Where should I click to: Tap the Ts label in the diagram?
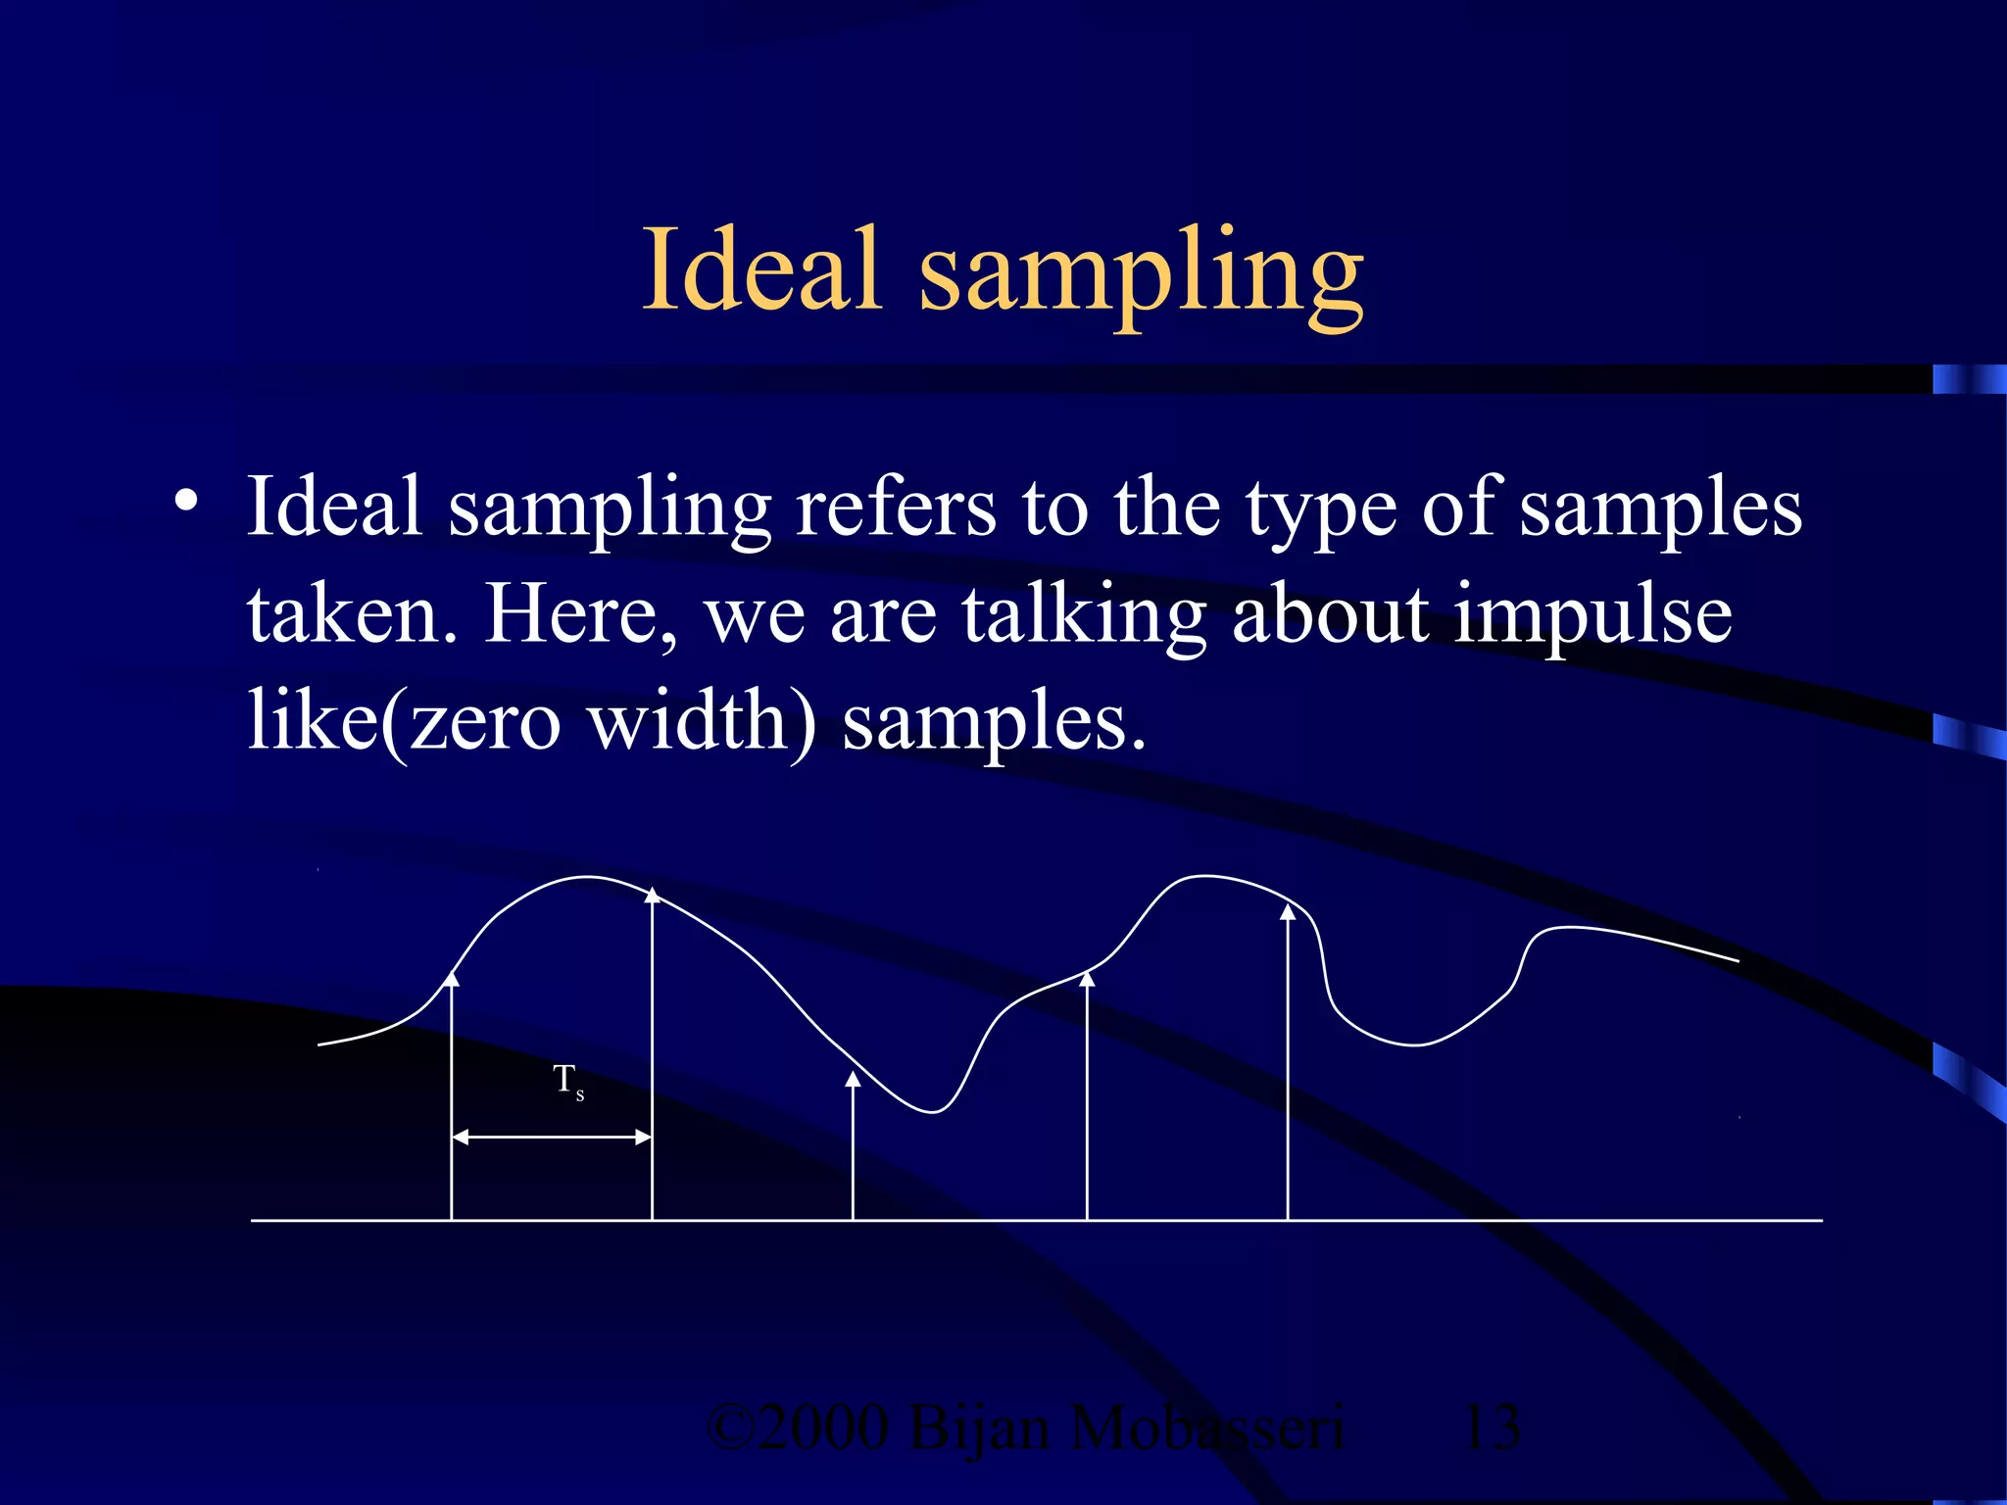click(x=567, y=1082)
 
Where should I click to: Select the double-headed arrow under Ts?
click(x=552, y=1137)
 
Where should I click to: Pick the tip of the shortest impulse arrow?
click(x=853, y=1079)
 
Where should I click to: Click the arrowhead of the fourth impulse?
click(x=1087, y=977)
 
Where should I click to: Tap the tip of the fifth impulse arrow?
click(x=1288, y=912)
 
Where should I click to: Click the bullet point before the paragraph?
click(x=185, y=502)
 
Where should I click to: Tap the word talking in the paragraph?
click(x=1083, y=617)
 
